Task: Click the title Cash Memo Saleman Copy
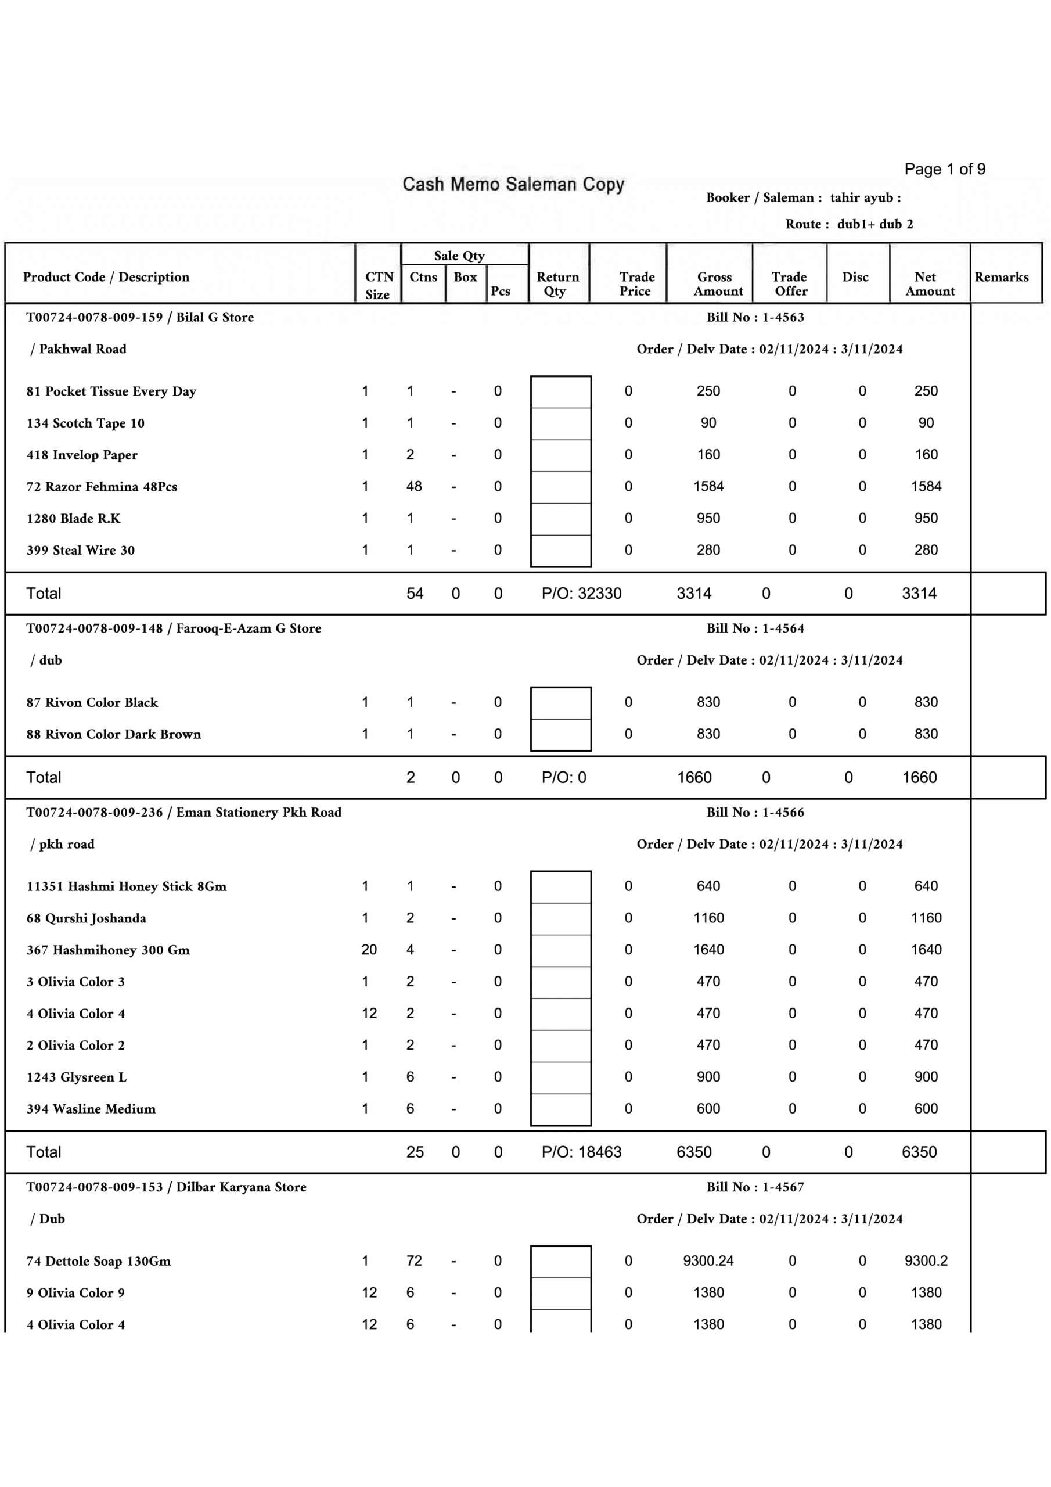click(513, 185)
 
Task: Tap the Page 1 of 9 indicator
click(944, 170)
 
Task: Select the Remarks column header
click(1001, 277)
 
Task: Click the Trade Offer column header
click(789, 283)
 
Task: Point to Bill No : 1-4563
click(755, 317)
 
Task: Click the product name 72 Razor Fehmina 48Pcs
click(102, 487)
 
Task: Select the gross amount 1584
click(708, 486)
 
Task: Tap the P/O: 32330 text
click(581, 593)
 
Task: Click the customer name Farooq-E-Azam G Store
click(249, 628)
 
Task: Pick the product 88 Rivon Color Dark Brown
click(114, 734)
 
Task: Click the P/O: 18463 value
click(581, 1152)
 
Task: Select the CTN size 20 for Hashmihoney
click(369, 950)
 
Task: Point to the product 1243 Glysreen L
click(77, 1077)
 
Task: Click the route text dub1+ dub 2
click(874, 224)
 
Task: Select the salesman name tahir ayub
click(861, 197)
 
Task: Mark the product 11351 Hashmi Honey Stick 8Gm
click(126, 886)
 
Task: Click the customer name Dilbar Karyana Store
click(241, 1187)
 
